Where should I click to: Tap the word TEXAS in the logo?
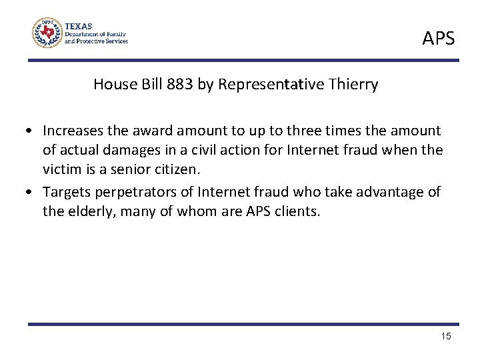tap(79, 23)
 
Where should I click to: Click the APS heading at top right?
tap(438, 39)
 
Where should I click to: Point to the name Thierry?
tap(354, 85)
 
